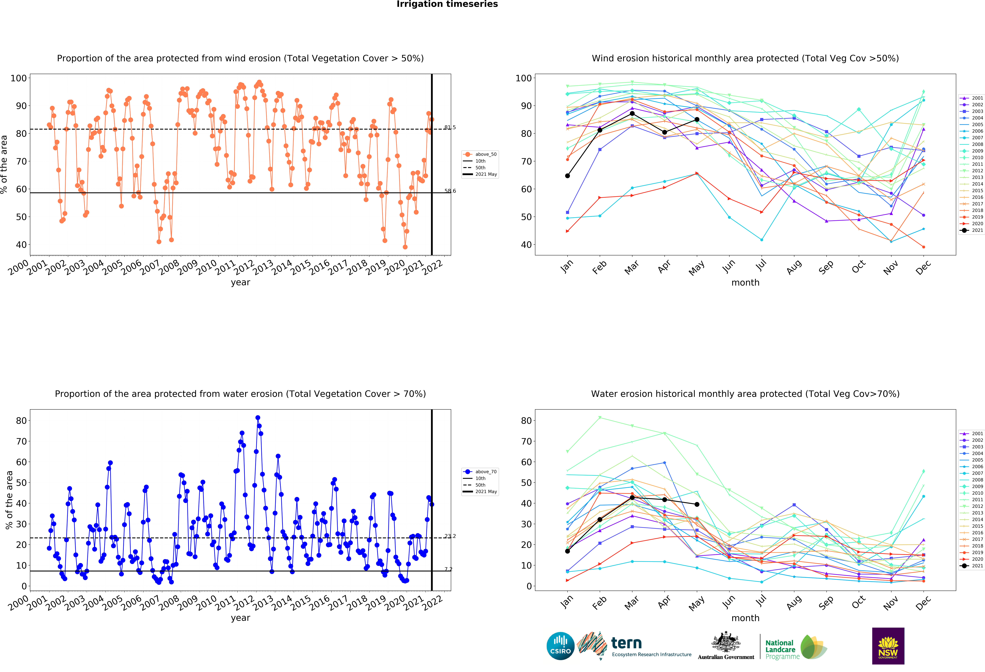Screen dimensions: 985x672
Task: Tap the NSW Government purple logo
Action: coord(888,646)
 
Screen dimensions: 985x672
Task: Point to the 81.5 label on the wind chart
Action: coord(450,127)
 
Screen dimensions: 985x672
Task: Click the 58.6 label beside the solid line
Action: coord(450,191)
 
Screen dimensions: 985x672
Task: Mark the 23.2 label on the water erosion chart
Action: coord(450,536)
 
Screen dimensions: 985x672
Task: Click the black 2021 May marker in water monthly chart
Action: coord(697,504)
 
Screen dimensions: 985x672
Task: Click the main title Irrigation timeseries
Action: coord(447,4)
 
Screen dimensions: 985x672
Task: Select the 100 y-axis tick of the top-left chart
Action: coord(19,78)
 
